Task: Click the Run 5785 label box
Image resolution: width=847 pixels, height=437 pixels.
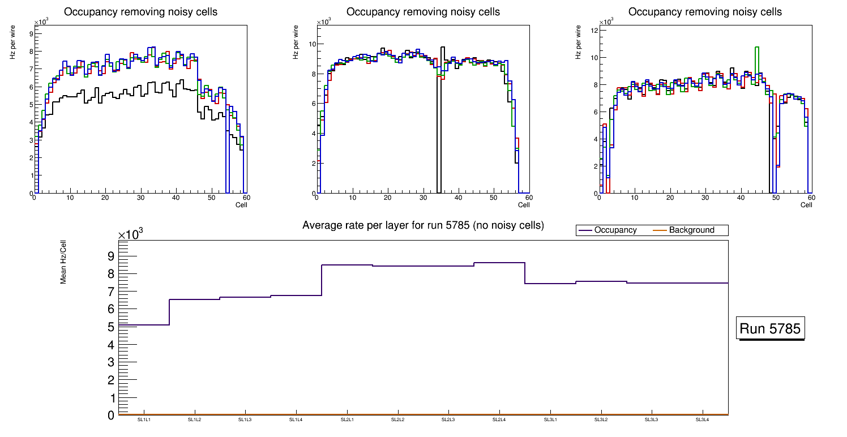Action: (x=771, y=329)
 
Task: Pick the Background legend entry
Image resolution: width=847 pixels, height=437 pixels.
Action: (x=691, y=230)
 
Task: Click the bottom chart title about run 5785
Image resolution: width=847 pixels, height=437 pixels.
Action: (x=423, y=225)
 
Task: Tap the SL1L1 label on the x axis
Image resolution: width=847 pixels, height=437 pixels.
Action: (x=144, y=420)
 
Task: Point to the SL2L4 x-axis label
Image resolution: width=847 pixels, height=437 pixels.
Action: (x=499, y=420)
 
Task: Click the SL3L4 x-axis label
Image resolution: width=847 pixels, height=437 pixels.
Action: (x=702, y=420)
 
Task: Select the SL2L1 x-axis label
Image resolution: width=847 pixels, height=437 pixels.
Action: (x=347, y=420)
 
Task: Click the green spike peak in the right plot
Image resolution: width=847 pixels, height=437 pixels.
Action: (x=756, y=48)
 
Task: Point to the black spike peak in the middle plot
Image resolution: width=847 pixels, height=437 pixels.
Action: (x=443, y=48)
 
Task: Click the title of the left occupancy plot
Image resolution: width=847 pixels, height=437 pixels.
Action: (x=140, y=12)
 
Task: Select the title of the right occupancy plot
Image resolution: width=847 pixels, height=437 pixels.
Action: (x=705, y=12)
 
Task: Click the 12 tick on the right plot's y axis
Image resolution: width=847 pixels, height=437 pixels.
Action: (x=594, y=31)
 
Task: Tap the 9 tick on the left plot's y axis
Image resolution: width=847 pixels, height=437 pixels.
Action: (x=30, y=33)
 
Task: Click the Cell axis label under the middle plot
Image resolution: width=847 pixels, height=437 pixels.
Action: (x=523, y=205)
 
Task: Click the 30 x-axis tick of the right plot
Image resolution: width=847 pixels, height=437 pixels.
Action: (x=705, y=198)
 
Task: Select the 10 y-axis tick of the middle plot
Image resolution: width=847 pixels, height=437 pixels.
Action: (x=311, y=44)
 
